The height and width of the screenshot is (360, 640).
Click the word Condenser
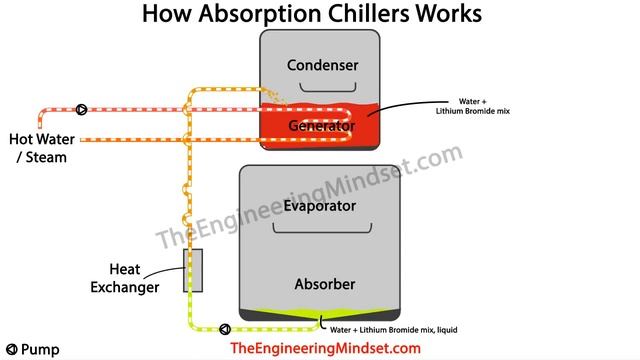322,66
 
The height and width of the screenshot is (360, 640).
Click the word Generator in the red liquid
322,126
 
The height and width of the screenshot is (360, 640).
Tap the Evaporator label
319,207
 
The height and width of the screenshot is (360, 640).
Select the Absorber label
324,285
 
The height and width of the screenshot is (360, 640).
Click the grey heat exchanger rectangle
193,271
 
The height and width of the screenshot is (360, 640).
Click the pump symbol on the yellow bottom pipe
222,328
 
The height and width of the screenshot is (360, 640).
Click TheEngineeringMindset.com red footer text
325,348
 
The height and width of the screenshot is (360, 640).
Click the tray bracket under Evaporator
319,229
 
